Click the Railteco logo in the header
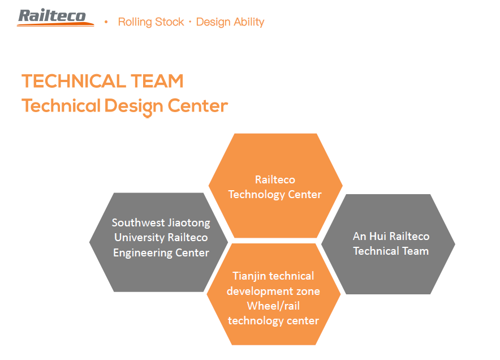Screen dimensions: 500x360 (55, 17)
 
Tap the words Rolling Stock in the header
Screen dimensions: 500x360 (151, 22)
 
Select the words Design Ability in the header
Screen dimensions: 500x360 (230, 22)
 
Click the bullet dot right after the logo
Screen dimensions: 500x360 (106, 22)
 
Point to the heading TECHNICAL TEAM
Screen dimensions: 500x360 (102, 81)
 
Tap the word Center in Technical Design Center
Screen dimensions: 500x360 (198, 106)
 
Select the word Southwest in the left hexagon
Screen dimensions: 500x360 (138, 222)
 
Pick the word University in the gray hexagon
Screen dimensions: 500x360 (139, 237)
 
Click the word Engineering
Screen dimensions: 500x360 (143, 253)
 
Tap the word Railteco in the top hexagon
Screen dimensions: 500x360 (275, 179)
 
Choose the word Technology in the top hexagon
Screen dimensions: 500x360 (256, 194)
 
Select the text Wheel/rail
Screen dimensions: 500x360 (273, 306)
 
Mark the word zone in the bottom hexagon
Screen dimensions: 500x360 (308, 292)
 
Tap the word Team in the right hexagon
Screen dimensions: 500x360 (416, 251)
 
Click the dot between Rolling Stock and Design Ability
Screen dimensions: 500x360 (190, 22)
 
